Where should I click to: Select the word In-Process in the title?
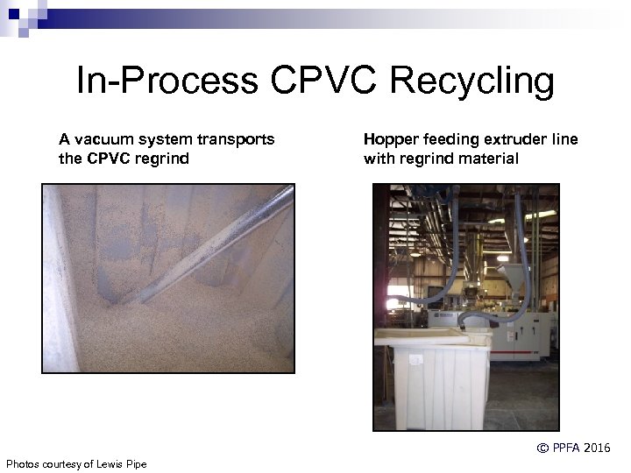167,81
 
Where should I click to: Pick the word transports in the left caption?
235,139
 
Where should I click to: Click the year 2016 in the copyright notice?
593,448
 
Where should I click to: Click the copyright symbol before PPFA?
542,448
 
